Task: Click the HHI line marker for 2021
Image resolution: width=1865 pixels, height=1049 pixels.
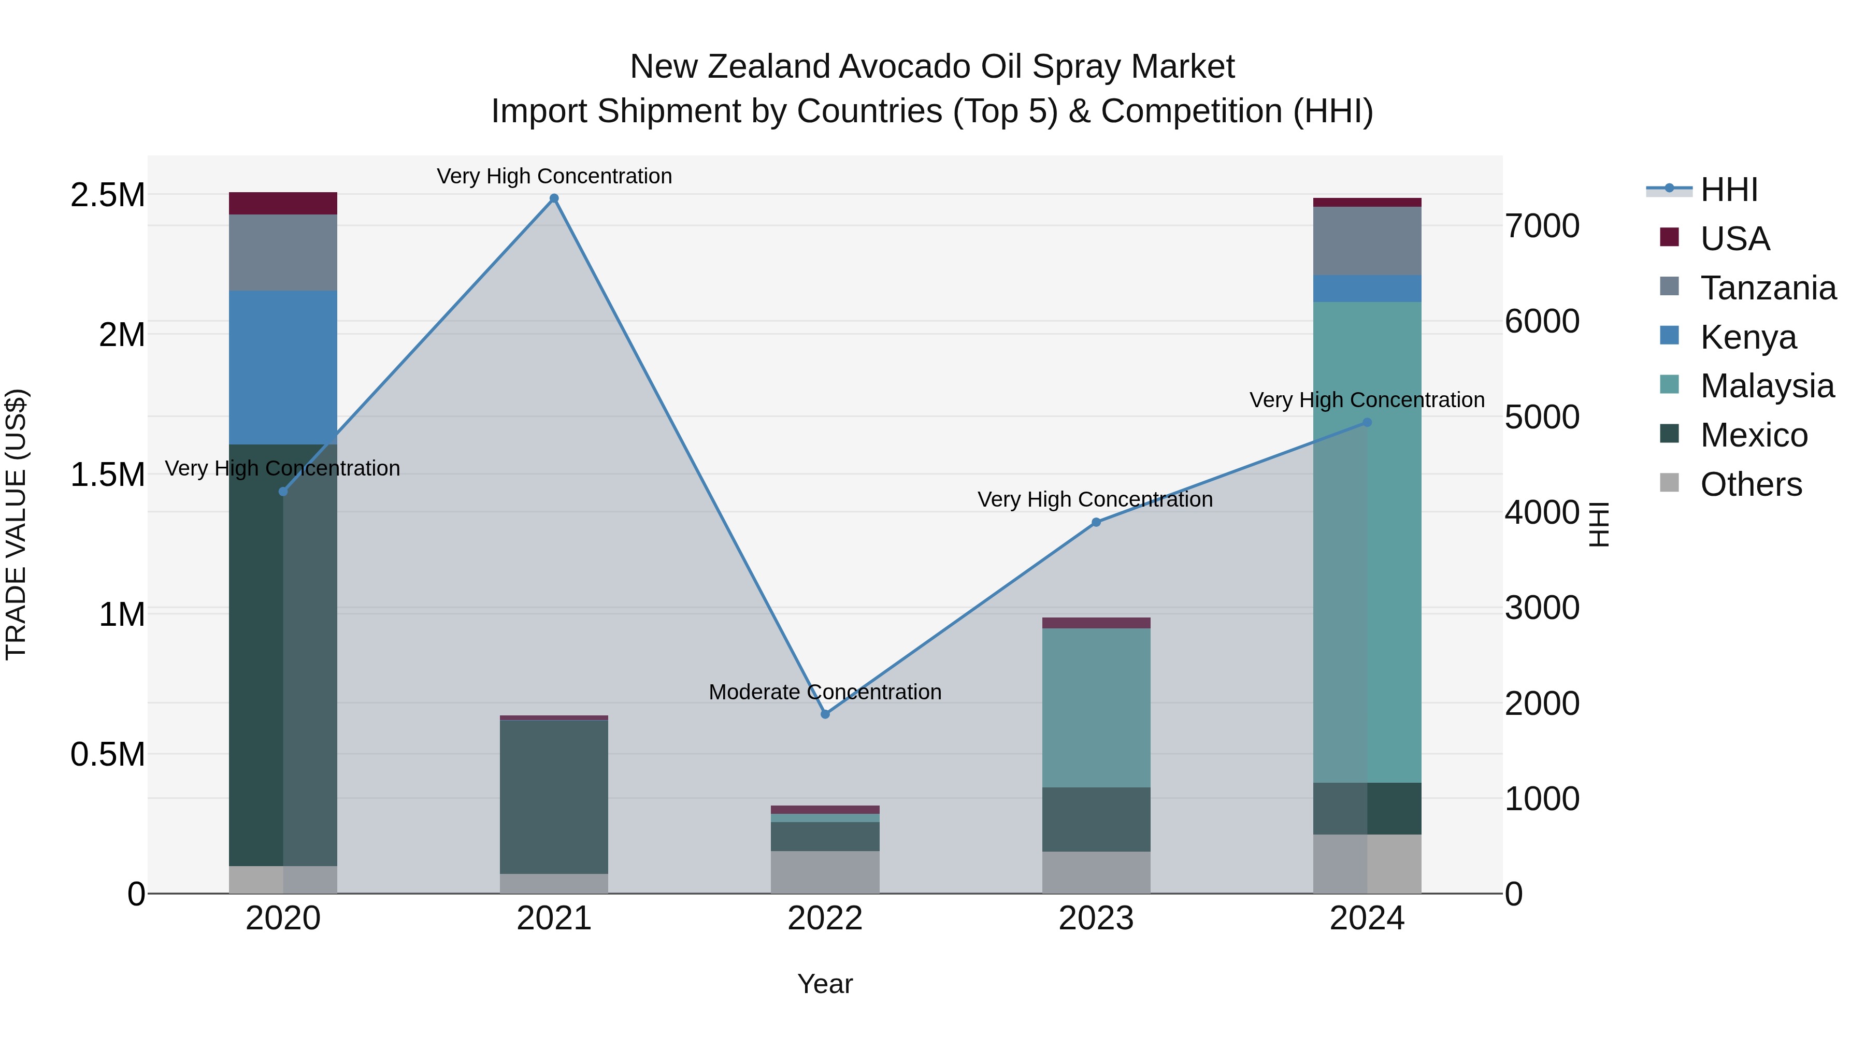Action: point(554,198)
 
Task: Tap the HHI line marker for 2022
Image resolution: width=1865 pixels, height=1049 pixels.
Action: point(825,714)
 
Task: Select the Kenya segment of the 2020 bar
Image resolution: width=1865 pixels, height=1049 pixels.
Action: point(283,367)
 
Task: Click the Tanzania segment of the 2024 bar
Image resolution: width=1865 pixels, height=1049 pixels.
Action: point(1367,240)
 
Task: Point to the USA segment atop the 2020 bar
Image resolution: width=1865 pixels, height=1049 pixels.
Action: point(283,204)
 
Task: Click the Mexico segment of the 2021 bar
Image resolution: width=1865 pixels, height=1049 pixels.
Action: point(554,796)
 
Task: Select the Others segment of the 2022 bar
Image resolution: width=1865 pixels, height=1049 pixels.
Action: point(825,872)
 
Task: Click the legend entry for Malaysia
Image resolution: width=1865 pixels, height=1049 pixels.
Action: point(1767,386)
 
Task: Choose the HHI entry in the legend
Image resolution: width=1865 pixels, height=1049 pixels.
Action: point(1728,190)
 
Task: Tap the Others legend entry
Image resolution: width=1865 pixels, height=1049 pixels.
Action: point(1751,484)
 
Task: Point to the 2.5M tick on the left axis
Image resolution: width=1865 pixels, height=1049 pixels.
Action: point(108,195)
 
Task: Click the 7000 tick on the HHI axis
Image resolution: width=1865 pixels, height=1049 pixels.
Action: point(1542,226)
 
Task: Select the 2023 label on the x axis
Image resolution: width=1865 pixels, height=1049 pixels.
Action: point(1096,918)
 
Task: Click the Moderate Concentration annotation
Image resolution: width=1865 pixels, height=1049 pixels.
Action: point(825,692)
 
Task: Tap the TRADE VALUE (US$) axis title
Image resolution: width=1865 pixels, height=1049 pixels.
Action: point(16,524)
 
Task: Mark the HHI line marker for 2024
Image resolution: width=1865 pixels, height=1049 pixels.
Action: point(1367,422)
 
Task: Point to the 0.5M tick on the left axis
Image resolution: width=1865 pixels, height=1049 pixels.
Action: point(108,754)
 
